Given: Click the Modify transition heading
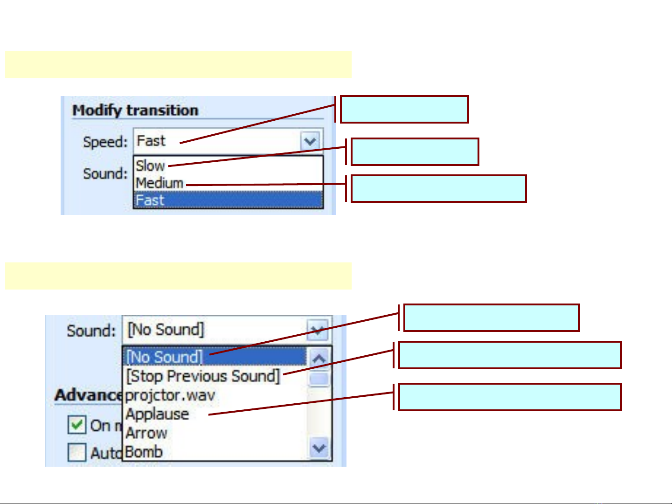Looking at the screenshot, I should tap(135, 110).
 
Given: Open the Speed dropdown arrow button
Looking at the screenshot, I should tap(310, 141).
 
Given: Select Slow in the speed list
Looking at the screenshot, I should tap(150, 166).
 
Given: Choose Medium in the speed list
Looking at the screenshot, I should tap(159, 183).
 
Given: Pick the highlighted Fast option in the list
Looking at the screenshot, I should tap(150, 200).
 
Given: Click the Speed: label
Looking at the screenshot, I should tap(105, 142).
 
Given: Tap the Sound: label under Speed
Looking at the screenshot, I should tap(105, 173).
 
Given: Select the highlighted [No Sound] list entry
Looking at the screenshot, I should tap(165, 357).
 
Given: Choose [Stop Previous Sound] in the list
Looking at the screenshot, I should tap(203, 376).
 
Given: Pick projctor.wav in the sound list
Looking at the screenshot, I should tap(170, 395).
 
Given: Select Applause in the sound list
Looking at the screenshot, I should tap(157, 414).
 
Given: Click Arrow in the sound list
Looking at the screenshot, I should tap(146, 433).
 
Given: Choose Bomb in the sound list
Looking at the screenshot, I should tap(144, 452).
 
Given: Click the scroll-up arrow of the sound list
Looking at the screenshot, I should tap(319, 359).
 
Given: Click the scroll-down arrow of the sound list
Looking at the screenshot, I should tap(319, 449).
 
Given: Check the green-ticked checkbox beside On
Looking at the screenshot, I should tap(77, 425).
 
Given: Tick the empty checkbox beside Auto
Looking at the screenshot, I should tap(77, 452).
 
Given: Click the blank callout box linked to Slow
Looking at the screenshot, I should tap(415, 152).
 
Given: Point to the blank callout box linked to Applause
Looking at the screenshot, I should tap(510, 397).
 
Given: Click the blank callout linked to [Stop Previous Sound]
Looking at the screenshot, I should tap(510, 355).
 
